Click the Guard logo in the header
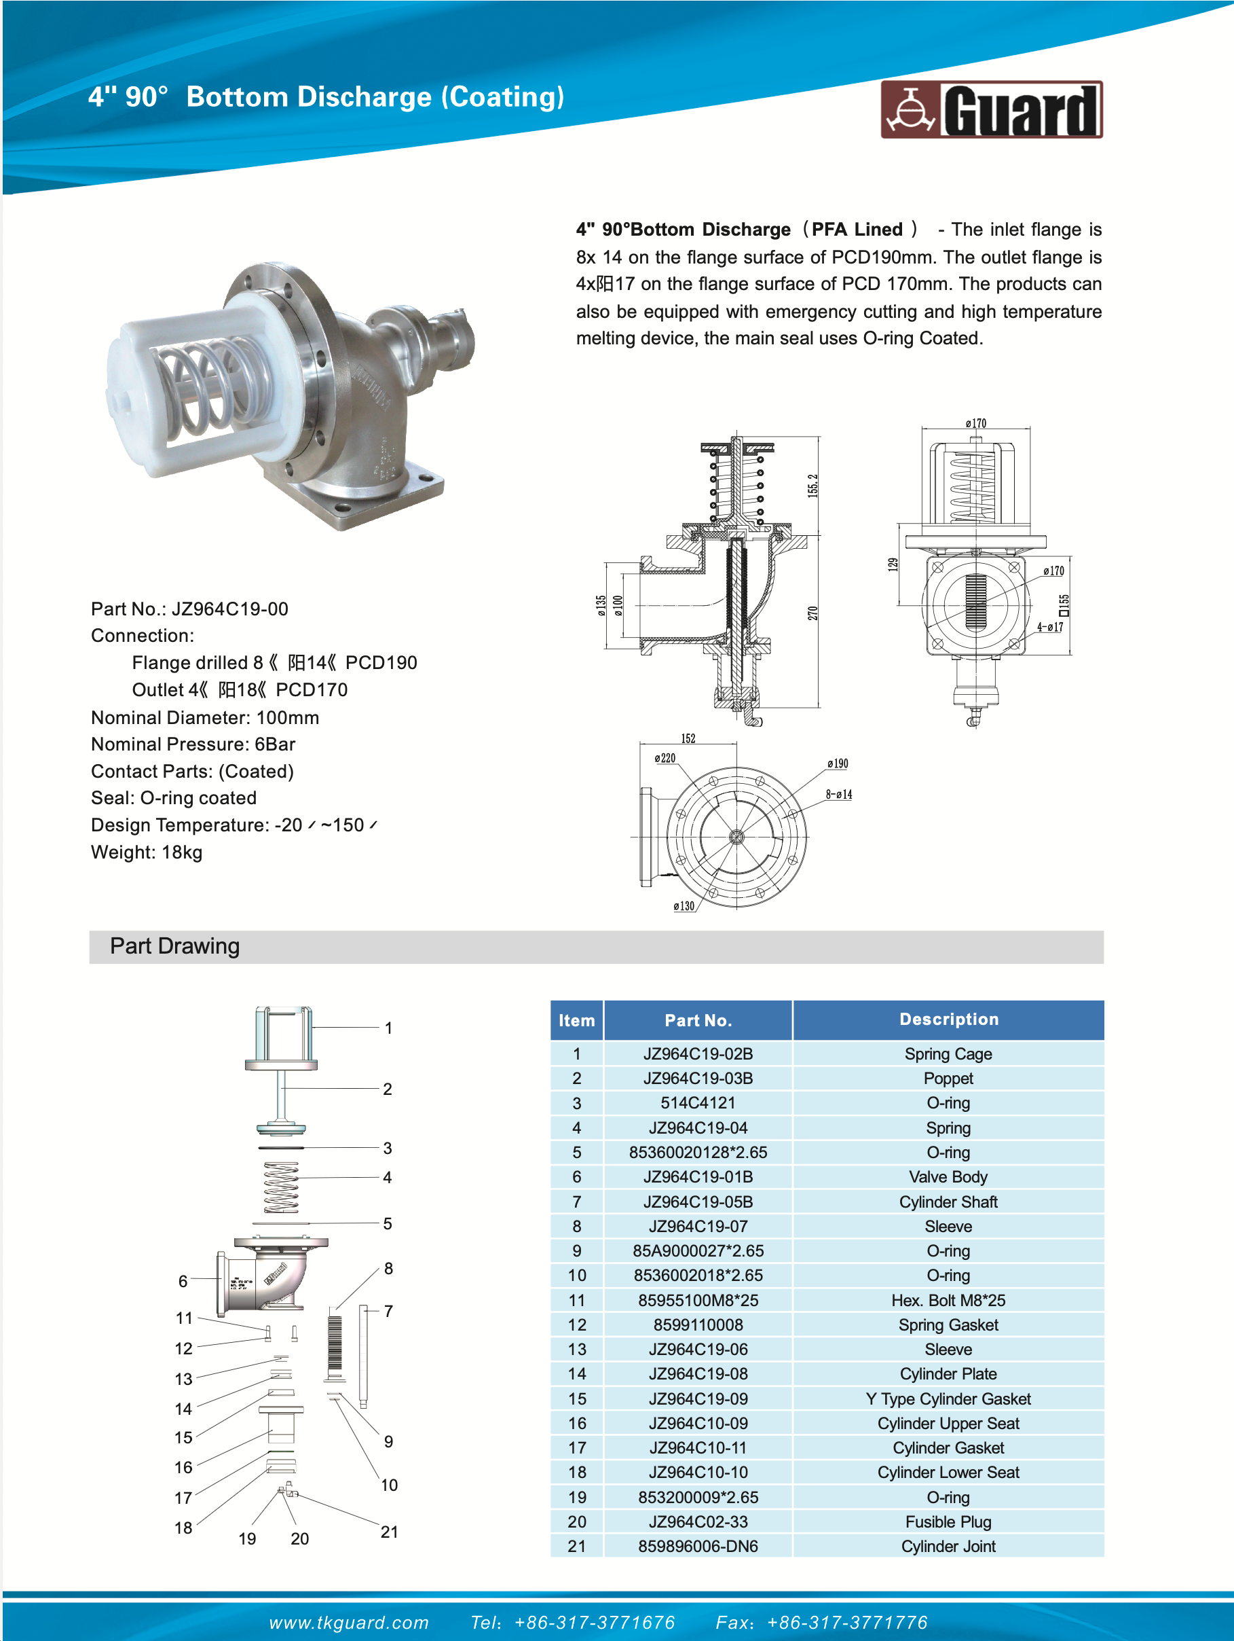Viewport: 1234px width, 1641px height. click(x=991, y=110)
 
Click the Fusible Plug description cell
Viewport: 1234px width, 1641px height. click(x=948, y=1521)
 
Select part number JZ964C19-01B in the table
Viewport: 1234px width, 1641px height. click(x=698, y=1176)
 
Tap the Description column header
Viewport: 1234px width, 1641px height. click(x=948, y=1020)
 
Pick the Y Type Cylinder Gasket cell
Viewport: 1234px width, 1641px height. click(x=948, y=1399)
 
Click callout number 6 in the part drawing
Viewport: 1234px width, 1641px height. click(x=183, y=1281)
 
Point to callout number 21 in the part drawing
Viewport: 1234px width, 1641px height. click(x=390, y=1532)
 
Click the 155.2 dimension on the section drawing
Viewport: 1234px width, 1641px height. click(x=812, y=485)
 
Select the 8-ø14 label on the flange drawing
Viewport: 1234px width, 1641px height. click(x=839, y=795)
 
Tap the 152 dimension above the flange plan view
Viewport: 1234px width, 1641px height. click(x=688, y=738)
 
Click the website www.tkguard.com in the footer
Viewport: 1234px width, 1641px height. click(x=348, y=1623)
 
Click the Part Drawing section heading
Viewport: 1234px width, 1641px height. click(x=175, y=946)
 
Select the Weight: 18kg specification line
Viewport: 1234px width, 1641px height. click(x=147, y=852)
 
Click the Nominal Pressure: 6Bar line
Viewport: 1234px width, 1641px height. click(x=193, y=744)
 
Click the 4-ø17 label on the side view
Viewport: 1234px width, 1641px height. click(x=1049, y=627)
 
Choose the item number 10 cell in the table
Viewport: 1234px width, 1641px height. click(x=577, y=1276)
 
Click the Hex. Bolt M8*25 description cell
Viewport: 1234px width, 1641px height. click(x=948, y=1300)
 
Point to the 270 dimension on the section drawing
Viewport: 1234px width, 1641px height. click(x=812, y=613)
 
